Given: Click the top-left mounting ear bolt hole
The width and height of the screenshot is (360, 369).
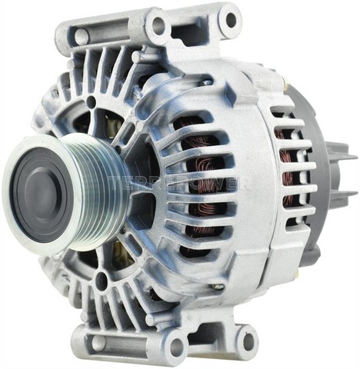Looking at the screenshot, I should (x=158, y=25).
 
